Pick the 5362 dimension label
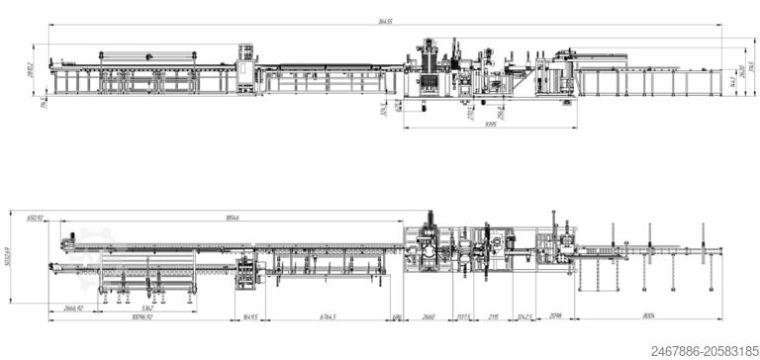tap(147, 308)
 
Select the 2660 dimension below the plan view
tap(428, 316)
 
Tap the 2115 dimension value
tap(494, 316)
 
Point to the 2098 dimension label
tap(556, 316)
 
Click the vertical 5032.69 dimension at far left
tap(8, 262)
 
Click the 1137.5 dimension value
tap(462, 316)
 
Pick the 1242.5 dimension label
tap(524, 316)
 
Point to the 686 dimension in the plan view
tap(396, 316)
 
